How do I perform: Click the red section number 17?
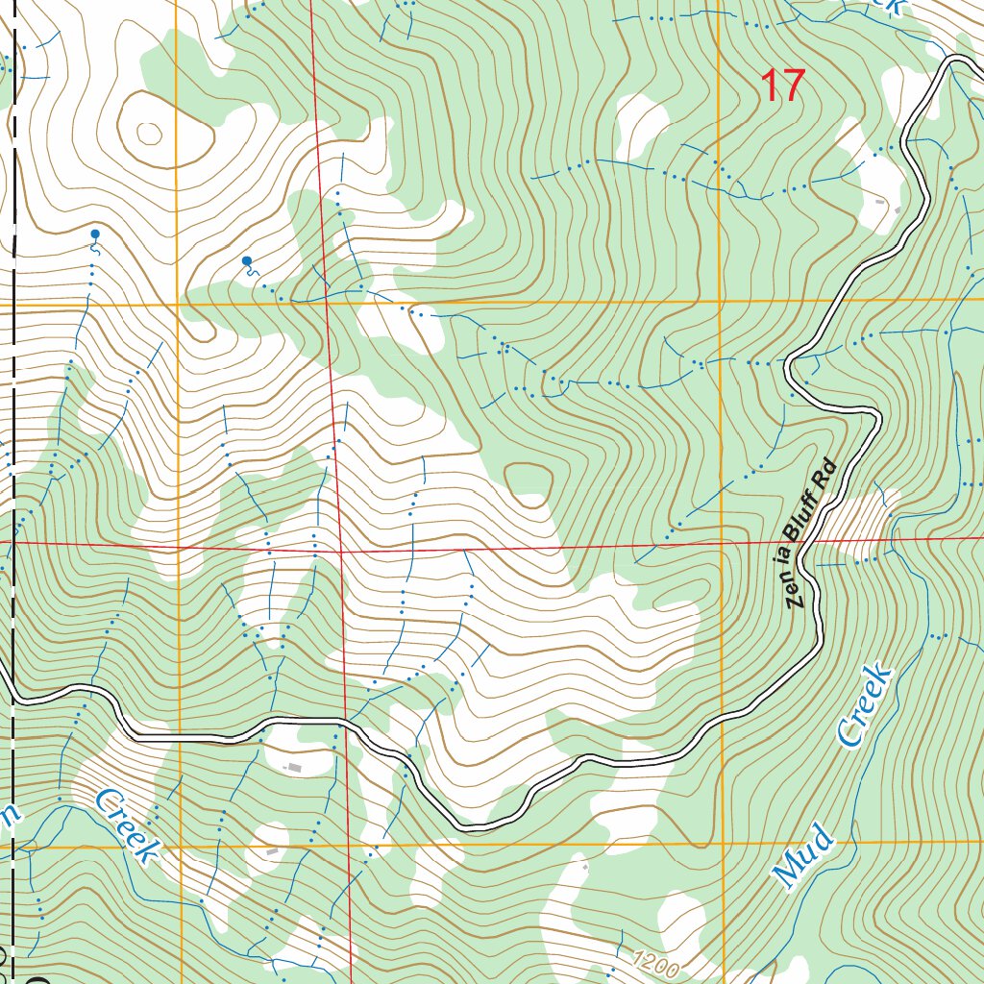[781, 86]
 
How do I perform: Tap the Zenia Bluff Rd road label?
[812, 535]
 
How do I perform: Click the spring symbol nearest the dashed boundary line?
[94, 234]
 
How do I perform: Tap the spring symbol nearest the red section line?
[247, 261]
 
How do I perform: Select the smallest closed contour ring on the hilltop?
[149, 134]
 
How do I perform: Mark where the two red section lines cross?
[339, 553]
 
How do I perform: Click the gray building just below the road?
[292, 767]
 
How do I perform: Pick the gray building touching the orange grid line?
[273, 851]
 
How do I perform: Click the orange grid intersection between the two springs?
[178, 305]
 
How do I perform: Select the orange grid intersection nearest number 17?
[721, 301]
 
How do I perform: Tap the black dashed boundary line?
[14, 384]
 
